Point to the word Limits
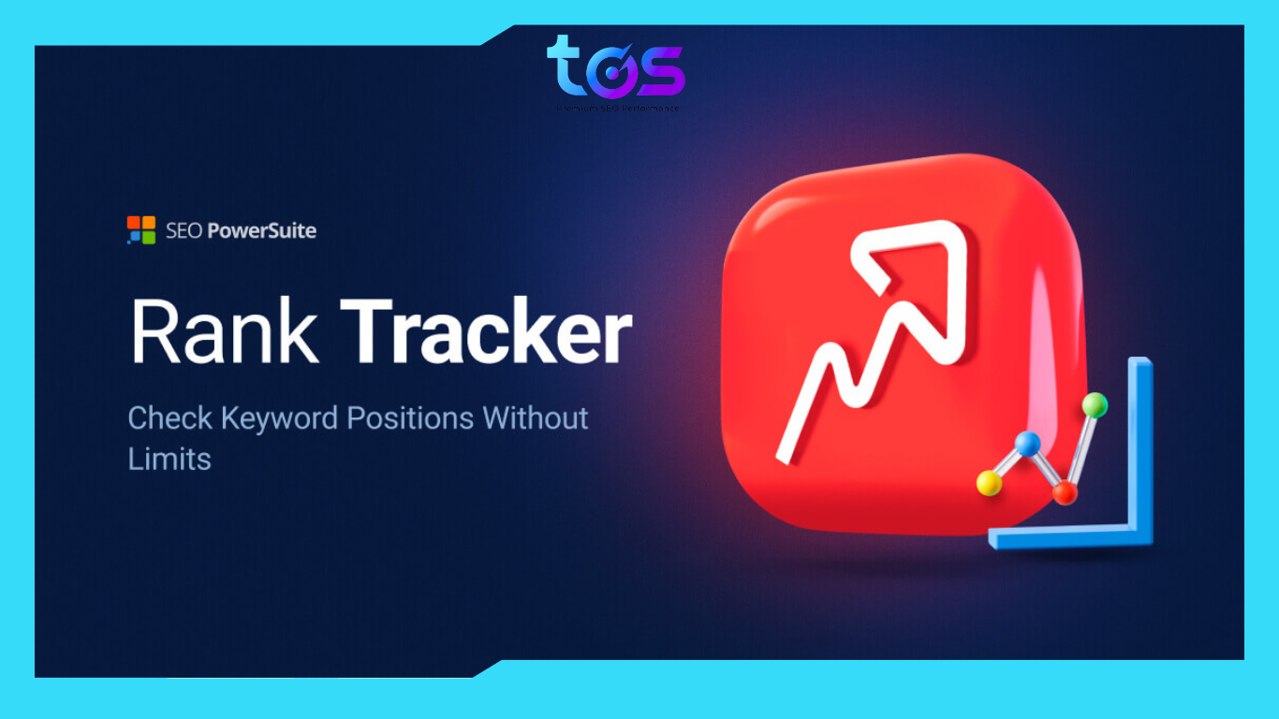(x=169, y=459)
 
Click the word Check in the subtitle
(x=169, y=418)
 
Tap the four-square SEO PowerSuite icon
(x=140, y=230)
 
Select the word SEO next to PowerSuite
(x=181, y=230)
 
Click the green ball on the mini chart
(x=1095, y=405)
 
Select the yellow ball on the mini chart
(x=989, y=483)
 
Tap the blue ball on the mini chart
(x=1028, y=444)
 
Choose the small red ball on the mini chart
(x=1065, y=492)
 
